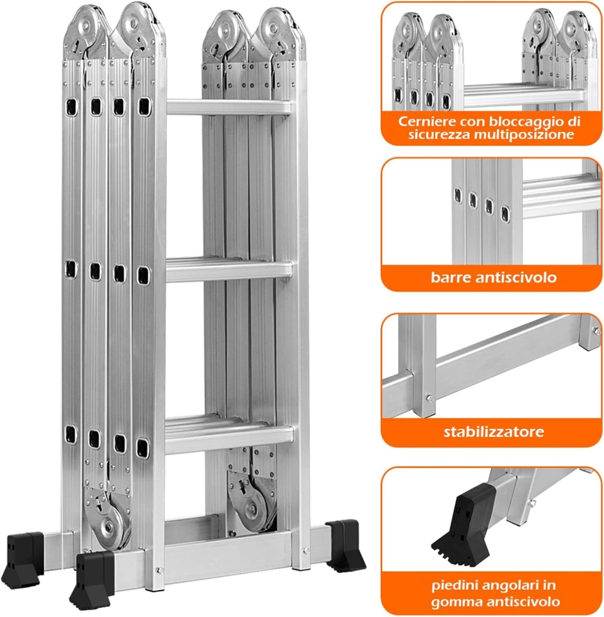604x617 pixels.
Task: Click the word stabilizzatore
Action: [494, 431]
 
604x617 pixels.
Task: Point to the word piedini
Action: [455, 586]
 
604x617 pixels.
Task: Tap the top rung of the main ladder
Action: [229, 107]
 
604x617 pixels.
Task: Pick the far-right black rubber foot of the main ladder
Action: [345, 545]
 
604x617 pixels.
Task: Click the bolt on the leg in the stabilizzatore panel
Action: [430, 399]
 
